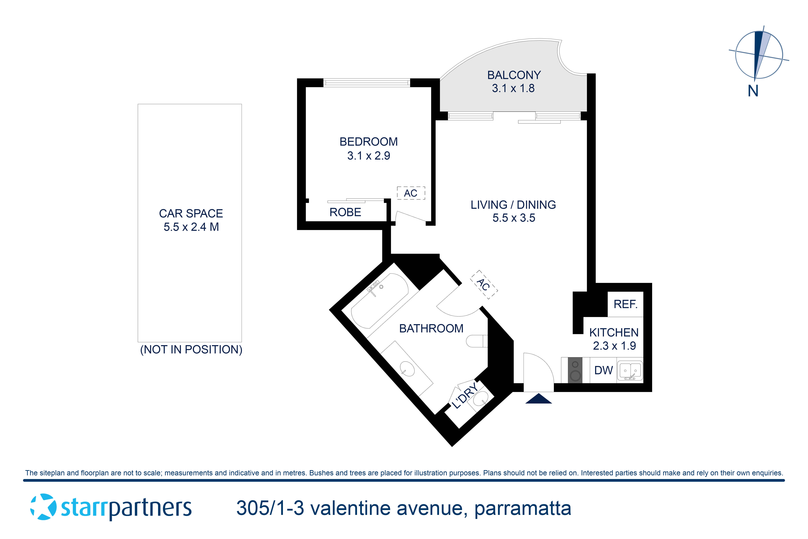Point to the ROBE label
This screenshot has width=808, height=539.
pos(345,213)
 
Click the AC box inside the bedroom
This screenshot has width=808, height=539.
pos(411,193)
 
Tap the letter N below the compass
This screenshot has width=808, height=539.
pos(753,91)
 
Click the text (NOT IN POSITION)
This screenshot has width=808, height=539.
pos(191,350)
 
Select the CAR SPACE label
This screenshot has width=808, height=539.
pos(191,213)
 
